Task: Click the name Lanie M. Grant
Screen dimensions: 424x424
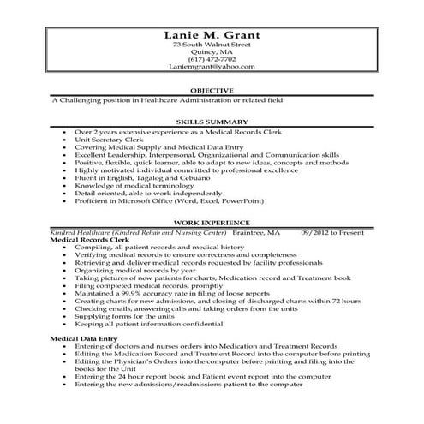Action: [212, 34]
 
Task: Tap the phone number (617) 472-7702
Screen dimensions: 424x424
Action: [212, 58]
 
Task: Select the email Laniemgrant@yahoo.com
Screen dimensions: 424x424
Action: [212, 66]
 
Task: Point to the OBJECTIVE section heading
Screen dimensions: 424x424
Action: [212, 90]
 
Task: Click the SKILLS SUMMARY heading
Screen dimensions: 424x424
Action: [212, 122]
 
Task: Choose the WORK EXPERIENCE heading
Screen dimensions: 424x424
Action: [212, 222]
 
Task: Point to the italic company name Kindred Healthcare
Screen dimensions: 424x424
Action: [82, 232]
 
